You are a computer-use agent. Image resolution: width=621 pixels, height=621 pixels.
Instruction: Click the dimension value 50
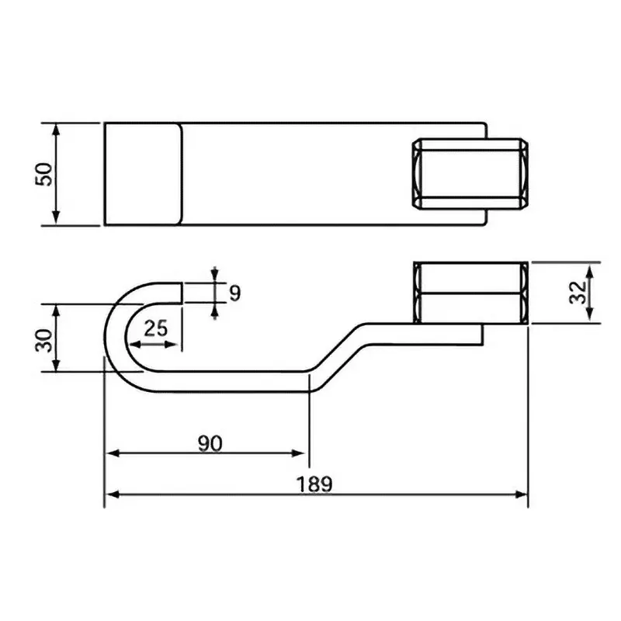[46, 173]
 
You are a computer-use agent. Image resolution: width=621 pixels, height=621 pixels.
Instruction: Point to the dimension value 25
[156, 328]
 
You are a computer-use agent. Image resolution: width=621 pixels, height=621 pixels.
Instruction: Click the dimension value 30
[45, 339]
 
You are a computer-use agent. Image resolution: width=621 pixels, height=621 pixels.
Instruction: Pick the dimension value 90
[209, 443]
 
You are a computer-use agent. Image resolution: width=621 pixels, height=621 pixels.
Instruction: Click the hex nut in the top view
[470, 174]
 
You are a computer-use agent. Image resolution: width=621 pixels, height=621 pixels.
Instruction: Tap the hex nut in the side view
[470, 293]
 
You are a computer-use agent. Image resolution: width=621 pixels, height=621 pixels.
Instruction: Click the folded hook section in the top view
[144, 174]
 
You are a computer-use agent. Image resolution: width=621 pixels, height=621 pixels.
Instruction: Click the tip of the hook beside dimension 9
[182, 292]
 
